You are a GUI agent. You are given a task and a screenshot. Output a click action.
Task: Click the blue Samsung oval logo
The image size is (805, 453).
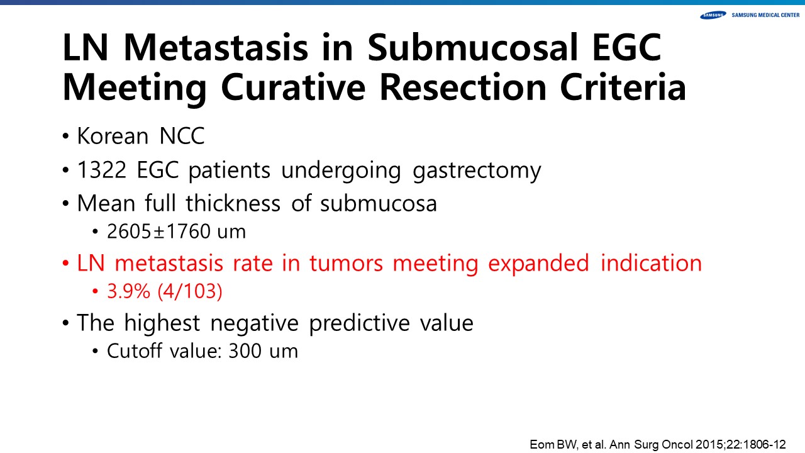click(x=713, y=15)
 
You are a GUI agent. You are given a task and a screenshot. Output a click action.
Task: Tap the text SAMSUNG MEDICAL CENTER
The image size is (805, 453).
click(x=766, y=15)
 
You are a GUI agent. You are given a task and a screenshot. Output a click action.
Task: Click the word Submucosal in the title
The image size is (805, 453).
click(x=472, y=47)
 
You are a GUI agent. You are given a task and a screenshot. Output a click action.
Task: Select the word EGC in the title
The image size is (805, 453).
click(x=626, y=47)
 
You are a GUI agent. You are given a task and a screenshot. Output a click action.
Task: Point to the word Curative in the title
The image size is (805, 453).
click(x=293, y=87)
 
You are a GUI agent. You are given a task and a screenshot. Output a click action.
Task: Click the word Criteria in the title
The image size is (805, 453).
click(x=623, y=87)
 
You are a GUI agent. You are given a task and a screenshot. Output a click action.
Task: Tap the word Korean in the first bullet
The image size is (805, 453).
click(x=113, y=136)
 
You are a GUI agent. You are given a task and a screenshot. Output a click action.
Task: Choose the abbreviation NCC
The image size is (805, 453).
click(x=182, y=136)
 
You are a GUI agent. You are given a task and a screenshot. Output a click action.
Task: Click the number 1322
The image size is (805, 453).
click(x=102, y=170)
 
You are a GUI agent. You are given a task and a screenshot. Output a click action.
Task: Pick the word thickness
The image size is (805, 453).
click(x=233, y=203)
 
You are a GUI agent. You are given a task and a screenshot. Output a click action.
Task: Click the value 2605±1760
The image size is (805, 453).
click(x=158, y=231)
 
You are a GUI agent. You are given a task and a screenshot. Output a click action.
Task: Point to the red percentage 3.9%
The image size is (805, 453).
click(x=129, y=291)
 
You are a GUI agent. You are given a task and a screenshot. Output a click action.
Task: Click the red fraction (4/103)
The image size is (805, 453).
click(x=190, y=291)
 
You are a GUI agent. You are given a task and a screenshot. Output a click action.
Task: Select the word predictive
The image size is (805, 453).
click(x=359, y=323)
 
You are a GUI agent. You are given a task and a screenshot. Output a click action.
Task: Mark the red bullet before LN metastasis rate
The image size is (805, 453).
click(x=65, y=264)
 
